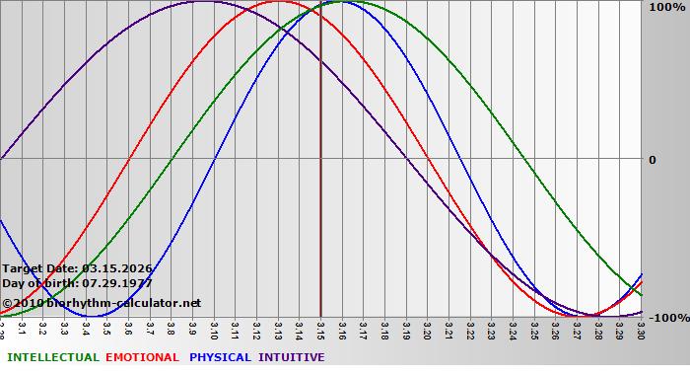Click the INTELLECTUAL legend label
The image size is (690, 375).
point(53,357)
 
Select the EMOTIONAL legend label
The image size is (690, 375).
point(142,357)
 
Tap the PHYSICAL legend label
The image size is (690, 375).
point(221,357)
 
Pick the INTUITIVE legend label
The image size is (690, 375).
point(292,357)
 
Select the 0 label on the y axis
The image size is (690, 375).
point(652,160)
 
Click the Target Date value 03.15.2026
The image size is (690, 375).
point(117,267)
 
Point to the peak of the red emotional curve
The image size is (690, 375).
point(279,2)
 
